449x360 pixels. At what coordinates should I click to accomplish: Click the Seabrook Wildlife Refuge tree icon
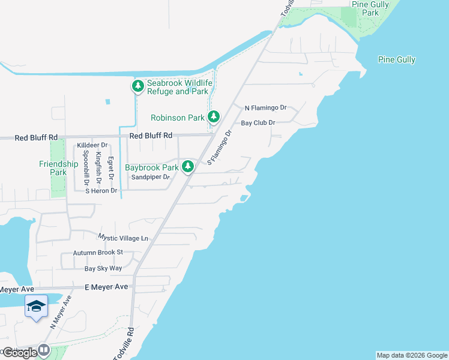tap(138, 87)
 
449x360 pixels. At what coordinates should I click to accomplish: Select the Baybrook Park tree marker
tap(188, 166)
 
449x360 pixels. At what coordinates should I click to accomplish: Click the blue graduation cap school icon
tap(36, 307)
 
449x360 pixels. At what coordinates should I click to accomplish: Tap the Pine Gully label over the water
tap(397, 59)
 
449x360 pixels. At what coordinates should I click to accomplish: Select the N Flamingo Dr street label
tap(266, 108)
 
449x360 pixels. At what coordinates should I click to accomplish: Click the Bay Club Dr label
tap(258, 122)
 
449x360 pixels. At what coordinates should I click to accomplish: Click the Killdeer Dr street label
tap(92, 145)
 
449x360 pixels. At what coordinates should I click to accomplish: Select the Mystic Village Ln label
tap(122, 238)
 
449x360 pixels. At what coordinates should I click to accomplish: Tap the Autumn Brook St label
tap(98, 253)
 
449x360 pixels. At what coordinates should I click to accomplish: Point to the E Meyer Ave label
tap(106, 287)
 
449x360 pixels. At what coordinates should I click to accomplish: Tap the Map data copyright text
tap(412, 355)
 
